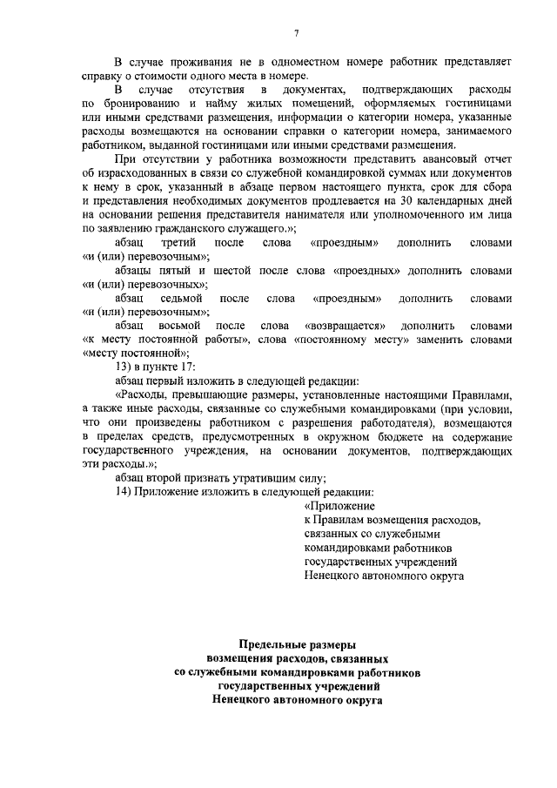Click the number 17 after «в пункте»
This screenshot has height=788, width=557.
pos(187,367)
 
